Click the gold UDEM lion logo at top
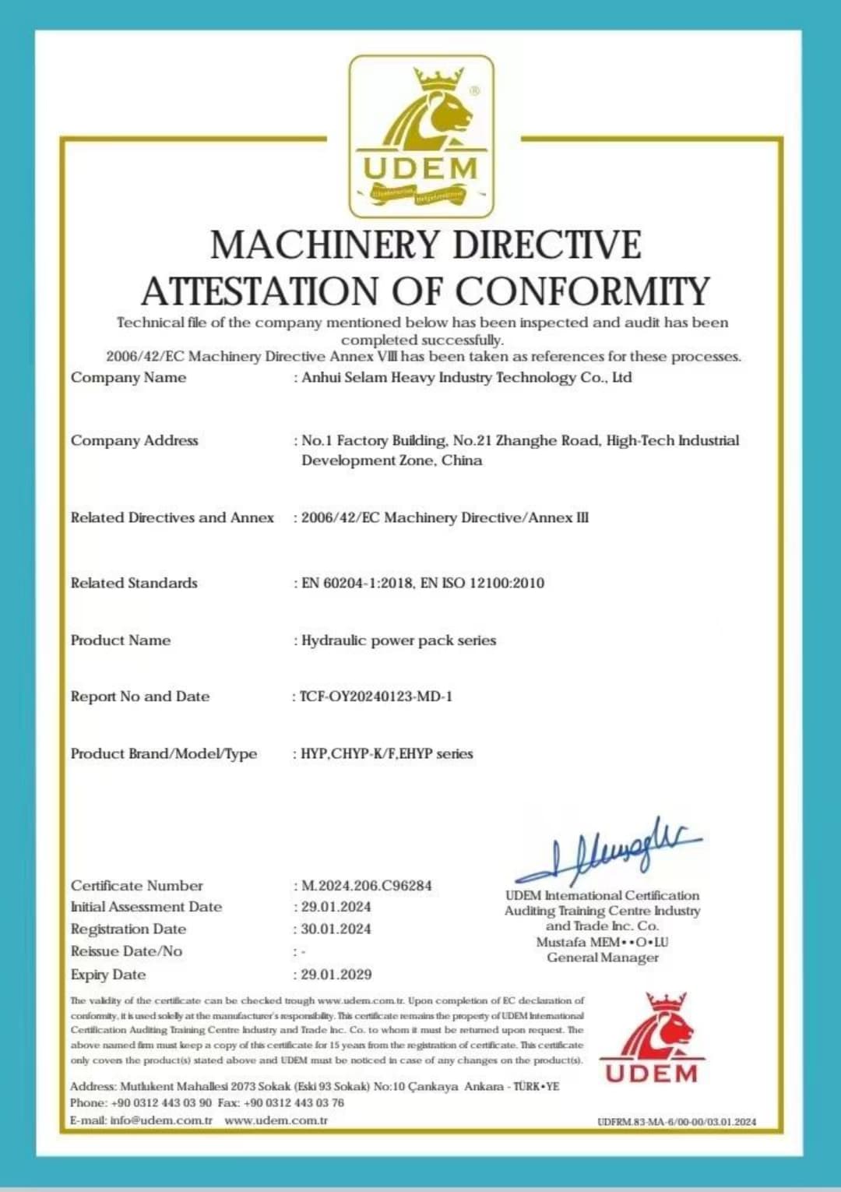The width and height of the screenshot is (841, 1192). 420,136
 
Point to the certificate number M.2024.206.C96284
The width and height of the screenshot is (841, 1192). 366,886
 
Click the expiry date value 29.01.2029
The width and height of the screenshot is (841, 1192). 336,975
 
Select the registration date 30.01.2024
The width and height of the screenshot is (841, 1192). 336,929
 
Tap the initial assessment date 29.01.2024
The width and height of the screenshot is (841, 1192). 336,907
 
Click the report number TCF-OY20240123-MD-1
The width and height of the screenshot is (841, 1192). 375,697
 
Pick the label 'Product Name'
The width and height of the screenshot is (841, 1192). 121,640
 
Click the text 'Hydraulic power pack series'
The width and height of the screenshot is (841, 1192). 399,640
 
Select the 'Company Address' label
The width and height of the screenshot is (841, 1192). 135,441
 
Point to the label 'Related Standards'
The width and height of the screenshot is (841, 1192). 134,583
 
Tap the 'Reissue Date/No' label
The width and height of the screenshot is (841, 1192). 126,951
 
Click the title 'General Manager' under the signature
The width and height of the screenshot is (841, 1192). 603,957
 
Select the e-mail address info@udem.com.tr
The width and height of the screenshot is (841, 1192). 161,1120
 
